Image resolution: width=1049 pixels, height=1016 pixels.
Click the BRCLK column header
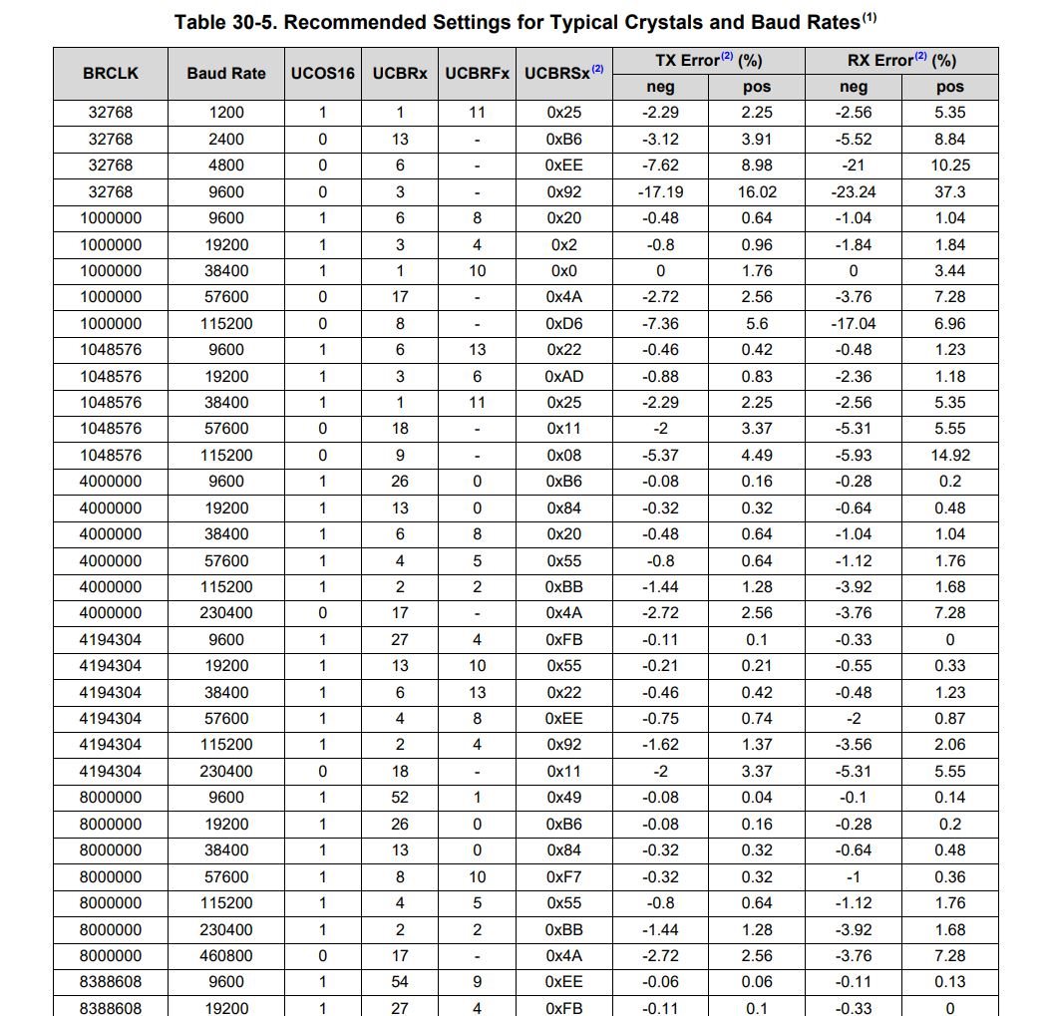110,73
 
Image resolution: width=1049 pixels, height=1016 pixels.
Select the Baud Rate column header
226,73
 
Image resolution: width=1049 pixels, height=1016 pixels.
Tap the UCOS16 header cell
322,73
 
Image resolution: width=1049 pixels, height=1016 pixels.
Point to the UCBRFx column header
477,73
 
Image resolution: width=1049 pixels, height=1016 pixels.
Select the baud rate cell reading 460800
226,955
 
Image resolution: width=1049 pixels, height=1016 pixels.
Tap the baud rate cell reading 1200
226,113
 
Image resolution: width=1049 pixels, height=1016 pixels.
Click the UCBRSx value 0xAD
563,376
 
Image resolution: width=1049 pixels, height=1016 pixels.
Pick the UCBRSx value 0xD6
563,323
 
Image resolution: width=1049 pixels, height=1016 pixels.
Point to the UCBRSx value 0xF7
563,876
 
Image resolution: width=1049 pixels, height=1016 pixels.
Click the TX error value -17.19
660,191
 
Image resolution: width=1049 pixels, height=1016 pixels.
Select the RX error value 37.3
949,191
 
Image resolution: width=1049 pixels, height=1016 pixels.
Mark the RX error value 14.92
949,455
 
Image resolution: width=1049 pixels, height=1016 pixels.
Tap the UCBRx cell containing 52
400,797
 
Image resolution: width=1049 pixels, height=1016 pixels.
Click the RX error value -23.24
854,191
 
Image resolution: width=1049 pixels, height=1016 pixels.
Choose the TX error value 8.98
757,165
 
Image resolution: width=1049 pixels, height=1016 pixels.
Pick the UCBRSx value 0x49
563,797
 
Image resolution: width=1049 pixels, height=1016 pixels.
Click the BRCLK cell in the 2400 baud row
110,139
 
